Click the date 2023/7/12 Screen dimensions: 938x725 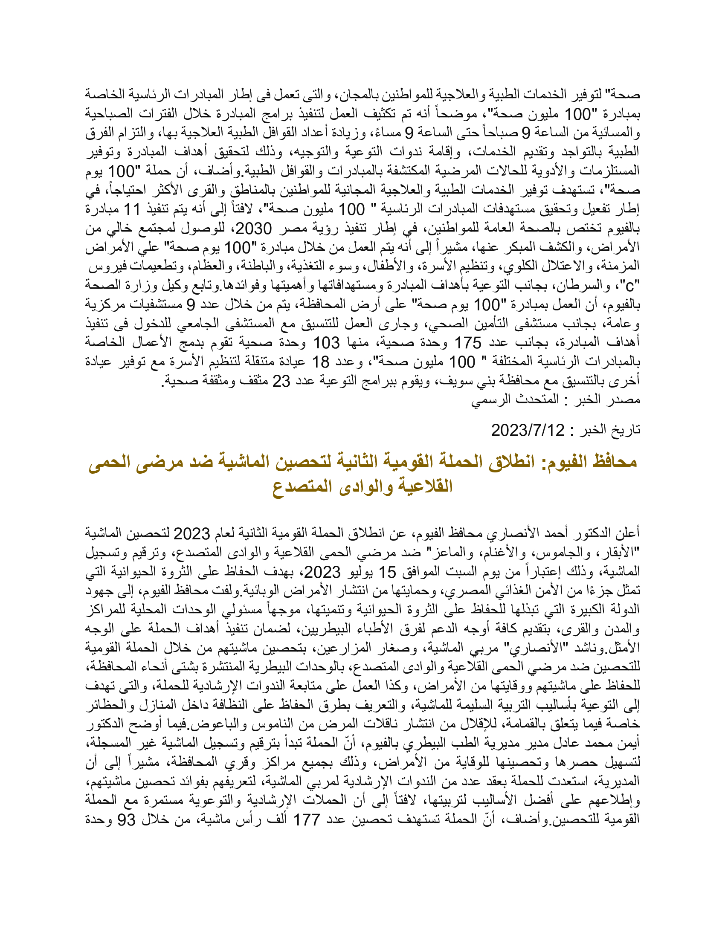(x=528, y=430)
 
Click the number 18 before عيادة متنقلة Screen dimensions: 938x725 (x=320, y=362)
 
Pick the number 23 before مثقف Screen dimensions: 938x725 (x=282, y=381)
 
